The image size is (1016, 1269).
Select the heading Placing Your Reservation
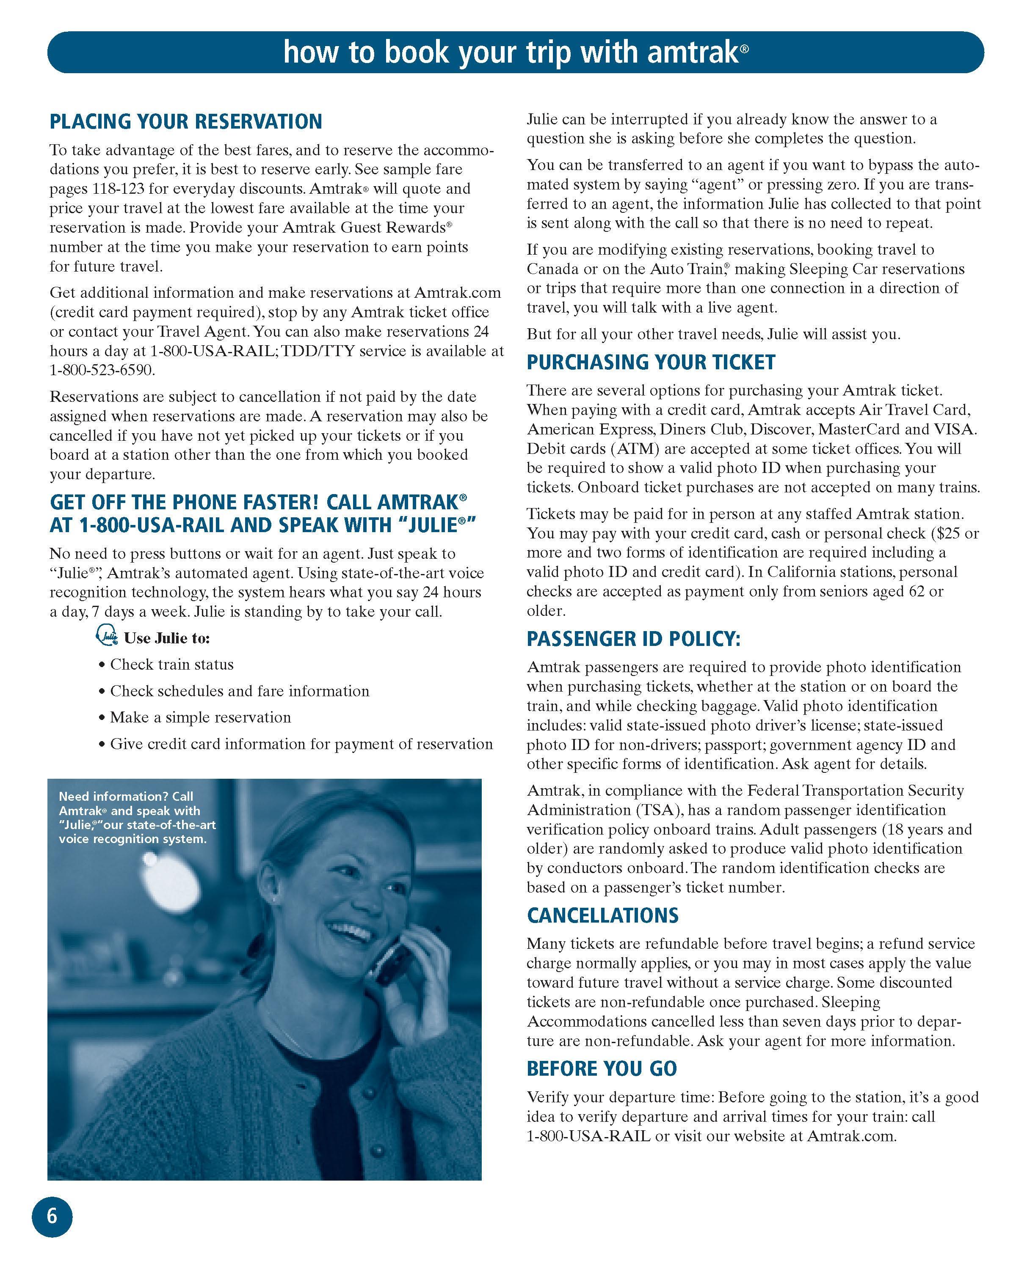point(185,122)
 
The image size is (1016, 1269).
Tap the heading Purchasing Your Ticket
point(650,362)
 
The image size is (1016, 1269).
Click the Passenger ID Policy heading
point(633,639)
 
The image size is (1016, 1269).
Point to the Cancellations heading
point(602,915)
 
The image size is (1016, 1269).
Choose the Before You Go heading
point(602,1068)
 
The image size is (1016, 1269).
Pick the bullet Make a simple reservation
point(200,717)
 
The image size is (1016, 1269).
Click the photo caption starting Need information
point(137,818)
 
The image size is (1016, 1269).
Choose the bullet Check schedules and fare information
point(240,691)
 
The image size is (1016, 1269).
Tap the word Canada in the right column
point(554,269)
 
